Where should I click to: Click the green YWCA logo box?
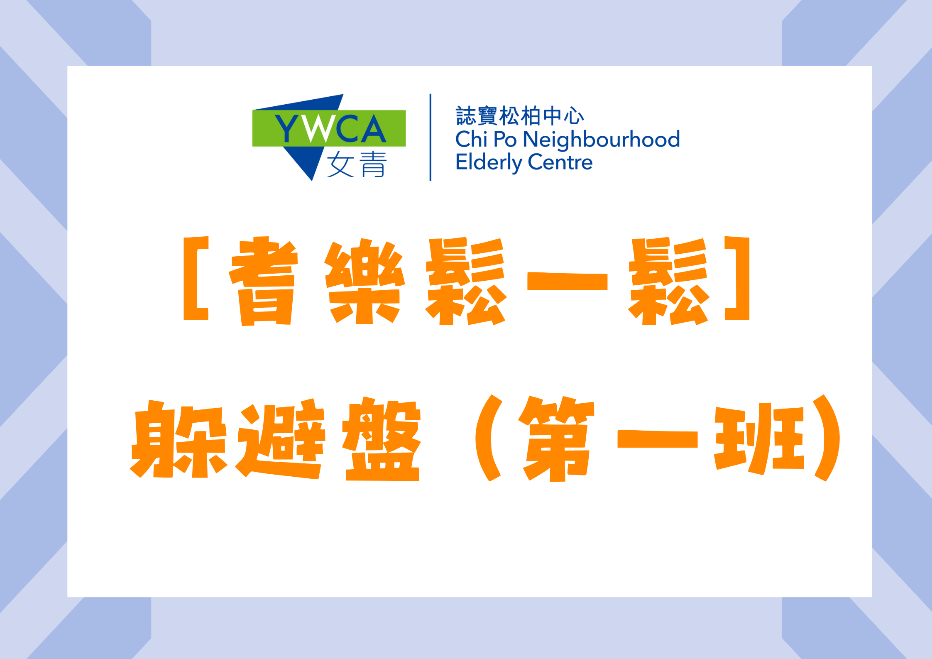(x=329, y=128)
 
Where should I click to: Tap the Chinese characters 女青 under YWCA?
(x=357, y=164)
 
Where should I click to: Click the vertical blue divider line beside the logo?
(x=430, y=137)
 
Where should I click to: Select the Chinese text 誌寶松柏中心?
(x=520, y=116)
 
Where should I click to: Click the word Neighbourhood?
(x=601, y=140)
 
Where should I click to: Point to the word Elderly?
(x=488, y=162)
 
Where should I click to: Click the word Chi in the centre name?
(x=471, y=139)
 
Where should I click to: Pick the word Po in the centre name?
(x=505, y=140)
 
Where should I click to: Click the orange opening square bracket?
(x=196, y=278)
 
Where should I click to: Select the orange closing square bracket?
(x=737, y=278)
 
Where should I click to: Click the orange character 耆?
(x=264, y=281)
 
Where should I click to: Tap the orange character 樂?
(x=364, y=281)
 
